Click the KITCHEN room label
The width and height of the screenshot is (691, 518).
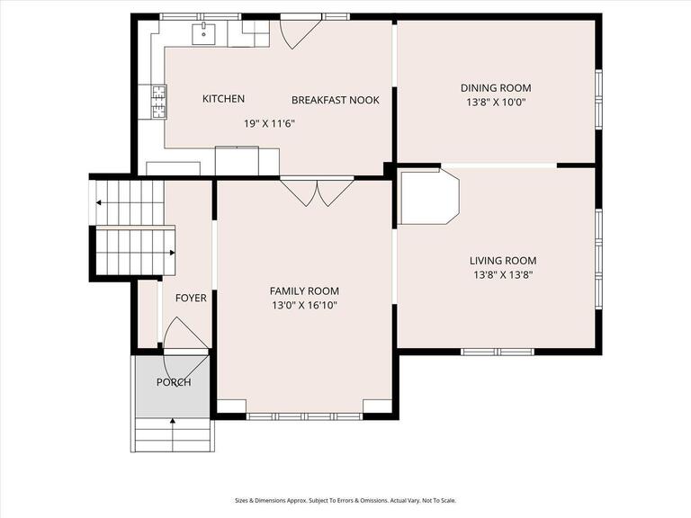(223, 99)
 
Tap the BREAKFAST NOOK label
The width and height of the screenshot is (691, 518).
(335, 100)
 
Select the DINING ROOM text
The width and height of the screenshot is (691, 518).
(496, 88)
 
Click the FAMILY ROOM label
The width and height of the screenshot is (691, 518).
(304, 290)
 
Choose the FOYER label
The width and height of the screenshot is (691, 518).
(190, 298)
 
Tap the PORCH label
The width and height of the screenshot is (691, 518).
(174, 382)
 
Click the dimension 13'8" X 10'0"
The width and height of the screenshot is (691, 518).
(496, 103)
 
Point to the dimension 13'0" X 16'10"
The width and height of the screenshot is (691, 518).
(304, 306)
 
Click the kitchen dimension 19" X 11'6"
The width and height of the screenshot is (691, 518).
(269, 123)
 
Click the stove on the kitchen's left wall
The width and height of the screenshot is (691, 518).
(159, 101)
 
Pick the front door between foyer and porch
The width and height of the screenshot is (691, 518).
(184, 336)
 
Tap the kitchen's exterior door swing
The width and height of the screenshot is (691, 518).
(300, 32)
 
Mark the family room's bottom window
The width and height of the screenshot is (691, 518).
(304, 415)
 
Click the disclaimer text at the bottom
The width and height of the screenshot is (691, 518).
(345, 500)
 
